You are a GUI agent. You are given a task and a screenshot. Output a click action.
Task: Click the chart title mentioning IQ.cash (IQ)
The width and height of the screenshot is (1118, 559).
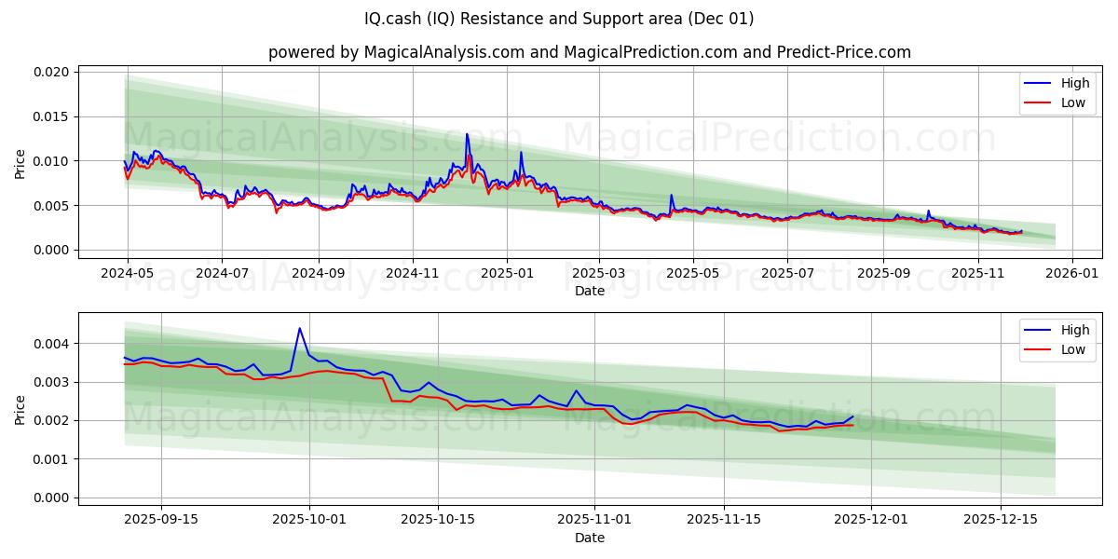pos(559,19)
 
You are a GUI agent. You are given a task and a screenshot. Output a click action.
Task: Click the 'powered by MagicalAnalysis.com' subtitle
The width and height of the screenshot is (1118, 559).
pos(589,52)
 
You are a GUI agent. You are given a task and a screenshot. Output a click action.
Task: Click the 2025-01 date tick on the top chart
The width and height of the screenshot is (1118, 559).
pos(507,274)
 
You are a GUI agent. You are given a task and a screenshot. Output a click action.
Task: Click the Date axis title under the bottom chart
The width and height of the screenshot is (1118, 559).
pos(589,538)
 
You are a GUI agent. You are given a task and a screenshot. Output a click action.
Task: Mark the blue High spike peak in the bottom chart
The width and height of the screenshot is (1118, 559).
pos(299,328)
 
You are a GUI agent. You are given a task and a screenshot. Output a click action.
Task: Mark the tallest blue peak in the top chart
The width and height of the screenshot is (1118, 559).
pos(467,134)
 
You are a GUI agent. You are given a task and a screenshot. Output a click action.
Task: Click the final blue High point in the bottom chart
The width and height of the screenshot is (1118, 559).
pos(852,416)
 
